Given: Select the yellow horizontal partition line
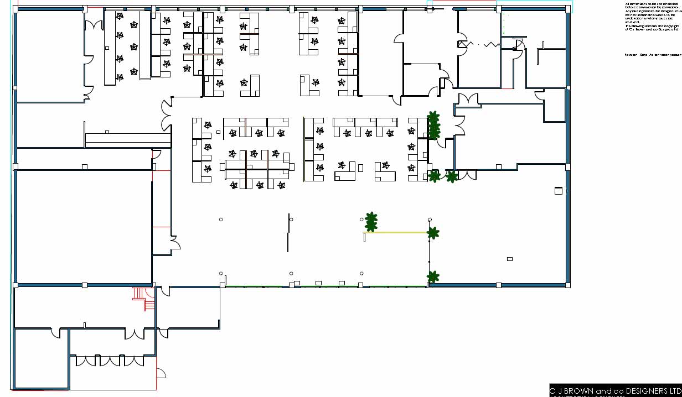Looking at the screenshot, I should click(396, 233).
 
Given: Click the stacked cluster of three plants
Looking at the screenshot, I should click(433, 126).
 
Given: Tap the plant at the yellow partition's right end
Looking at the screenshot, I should click(433, 233).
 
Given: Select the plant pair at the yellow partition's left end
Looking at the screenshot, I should click(371, 221).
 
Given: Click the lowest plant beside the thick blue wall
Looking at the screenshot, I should click(433, 276).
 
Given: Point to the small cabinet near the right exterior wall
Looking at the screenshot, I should click(559, 191).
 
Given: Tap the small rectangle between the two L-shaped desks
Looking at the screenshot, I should click(360, 168).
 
